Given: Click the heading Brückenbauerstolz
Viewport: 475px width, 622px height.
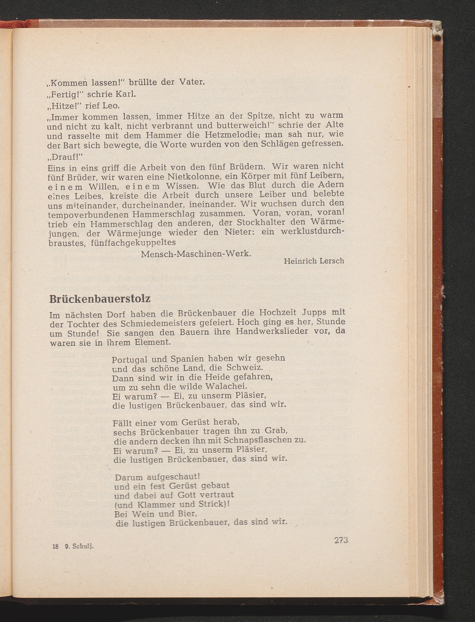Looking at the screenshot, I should (99, 299).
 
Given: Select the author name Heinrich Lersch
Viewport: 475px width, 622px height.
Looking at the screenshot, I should (314, 261).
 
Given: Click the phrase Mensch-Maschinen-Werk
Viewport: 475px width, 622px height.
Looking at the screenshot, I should (196, 254).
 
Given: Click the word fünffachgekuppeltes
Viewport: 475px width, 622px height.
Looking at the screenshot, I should (133, 242).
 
